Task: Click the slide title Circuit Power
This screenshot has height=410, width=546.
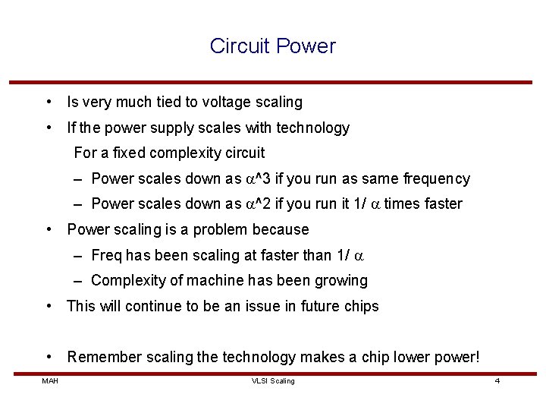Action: (x=272, y=46)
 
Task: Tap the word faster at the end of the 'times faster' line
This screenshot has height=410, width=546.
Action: (x=441, y=204)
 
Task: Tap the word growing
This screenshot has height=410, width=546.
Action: (x=341, y=280)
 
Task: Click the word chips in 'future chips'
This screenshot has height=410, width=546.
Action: (x=360, y=306)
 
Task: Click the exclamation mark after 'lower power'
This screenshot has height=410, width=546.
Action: (x=478, y=357)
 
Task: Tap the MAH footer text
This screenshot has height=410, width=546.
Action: (x=50, y=380)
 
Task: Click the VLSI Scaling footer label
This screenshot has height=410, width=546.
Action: (x=272, y=380)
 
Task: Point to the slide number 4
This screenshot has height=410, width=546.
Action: (x=497, y=380)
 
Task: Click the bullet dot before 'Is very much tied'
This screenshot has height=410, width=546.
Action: (x=49, y=102)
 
